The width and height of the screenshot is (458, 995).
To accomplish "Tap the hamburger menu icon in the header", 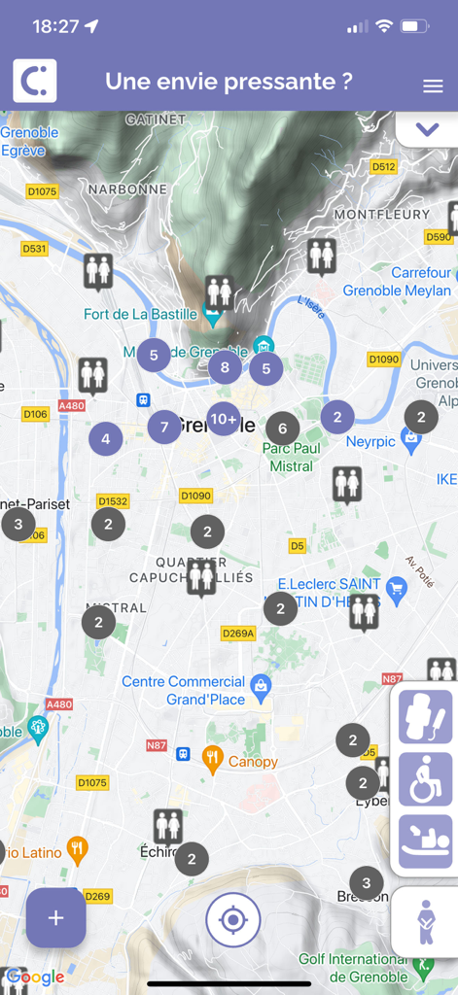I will tap(433, 86).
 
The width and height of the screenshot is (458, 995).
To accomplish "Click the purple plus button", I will tap(55, 917).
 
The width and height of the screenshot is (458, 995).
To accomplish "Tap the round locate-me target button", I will tap(233, 919).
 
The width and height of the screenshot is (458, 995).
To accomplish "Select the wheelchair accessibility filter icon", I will tap(425, 779).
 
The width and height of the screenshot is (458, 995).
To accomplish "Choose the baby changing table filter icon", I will tap(425, 841).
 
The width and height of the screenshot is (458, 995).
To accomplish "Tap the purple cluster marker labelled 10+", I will tap(224, 419).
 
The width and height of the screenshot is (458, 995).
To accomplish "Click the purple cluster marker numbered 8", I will tap(225, 367).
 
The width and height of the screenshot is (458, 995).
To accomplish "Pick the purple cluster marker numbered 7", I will tap(164, 427).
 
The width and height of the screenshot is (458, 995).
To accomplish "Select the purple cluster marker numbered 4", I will tap(105, 439).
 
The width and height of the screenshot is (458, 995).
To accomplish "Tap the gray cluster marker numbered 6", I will tap(282, 428).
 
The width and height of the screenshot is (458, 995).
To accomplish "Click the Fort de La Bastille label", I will tap(141, 314).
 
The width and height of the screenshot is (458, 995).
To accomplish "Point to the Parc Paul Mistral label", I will tap(292, 457).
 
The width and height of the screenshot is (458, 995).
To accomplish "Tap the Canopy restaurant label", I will tap(253, 762).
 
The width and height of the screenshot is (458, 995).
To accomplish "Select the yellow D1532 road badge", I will tap(113, 501).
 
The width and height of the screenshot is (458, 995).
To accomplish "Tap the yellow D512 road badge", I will tap(384, 166).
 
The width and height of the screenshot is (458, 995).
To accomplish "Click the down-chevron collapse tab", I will tap(427, 129).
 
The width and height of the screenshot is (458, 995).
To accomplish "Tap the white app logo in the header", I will tap(34, 82).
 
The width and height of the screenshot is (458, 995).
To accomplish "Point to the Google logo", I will tap(35, 977).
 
